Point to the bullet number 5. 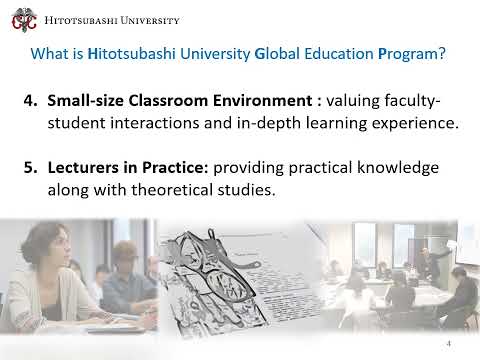click(x=28, y=165)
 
